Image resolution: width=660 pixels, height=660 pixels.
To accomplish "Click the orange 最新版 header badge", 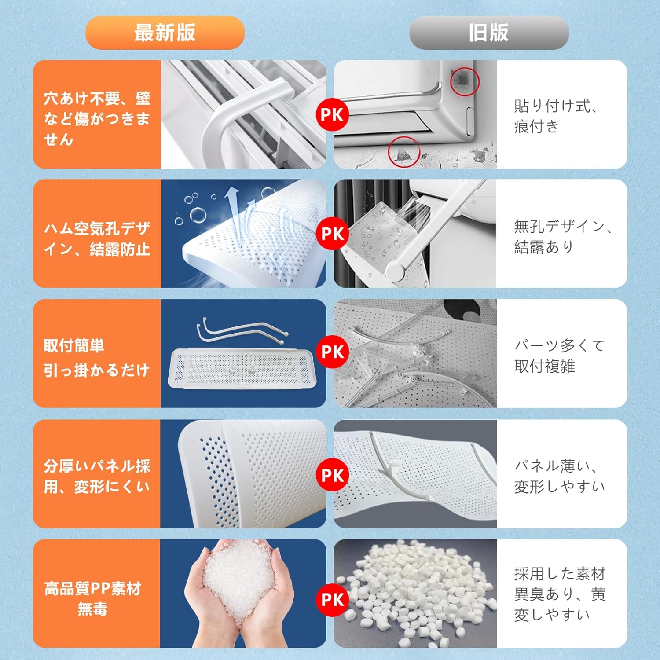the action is point(165,33).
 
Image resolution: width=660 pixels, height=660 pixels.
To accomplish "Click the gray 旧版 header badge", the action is point(489,33).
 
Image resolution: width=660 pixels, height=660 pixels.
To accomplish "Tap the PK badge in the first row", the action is point(332,115).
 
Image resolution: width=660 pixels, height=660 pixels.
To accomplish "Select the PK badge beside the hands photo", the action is point(332,600).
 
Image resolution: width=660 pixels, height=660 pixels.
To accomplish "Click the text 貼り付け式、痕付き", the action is point(556,116).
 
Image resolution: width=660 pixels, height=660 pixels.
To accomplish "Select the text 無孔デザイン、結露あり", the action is point(563,236).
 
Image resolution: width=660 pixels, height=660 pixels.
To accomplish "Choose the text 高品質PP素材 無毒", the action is point(92,598).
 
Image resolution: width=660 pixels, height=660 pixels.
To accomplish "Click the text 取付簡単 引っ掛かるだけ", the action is point(96,358).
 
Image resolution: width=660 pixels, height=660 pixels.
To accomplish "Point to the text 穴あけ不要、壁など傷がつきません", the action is point(97,118).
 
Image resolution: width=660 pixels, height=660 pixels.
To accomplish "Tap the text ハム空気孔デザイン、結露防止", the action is point(97,239).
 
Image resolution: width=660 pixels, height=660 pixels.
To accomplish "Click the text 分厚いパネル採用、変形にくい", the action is point(97,476).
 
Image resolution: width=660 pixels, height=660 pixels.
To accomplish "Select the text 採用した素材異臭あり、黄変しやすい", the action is point(560,594).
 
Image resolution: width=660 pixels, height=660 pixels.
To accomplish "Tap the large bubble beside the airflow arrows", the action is point(198,215).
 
